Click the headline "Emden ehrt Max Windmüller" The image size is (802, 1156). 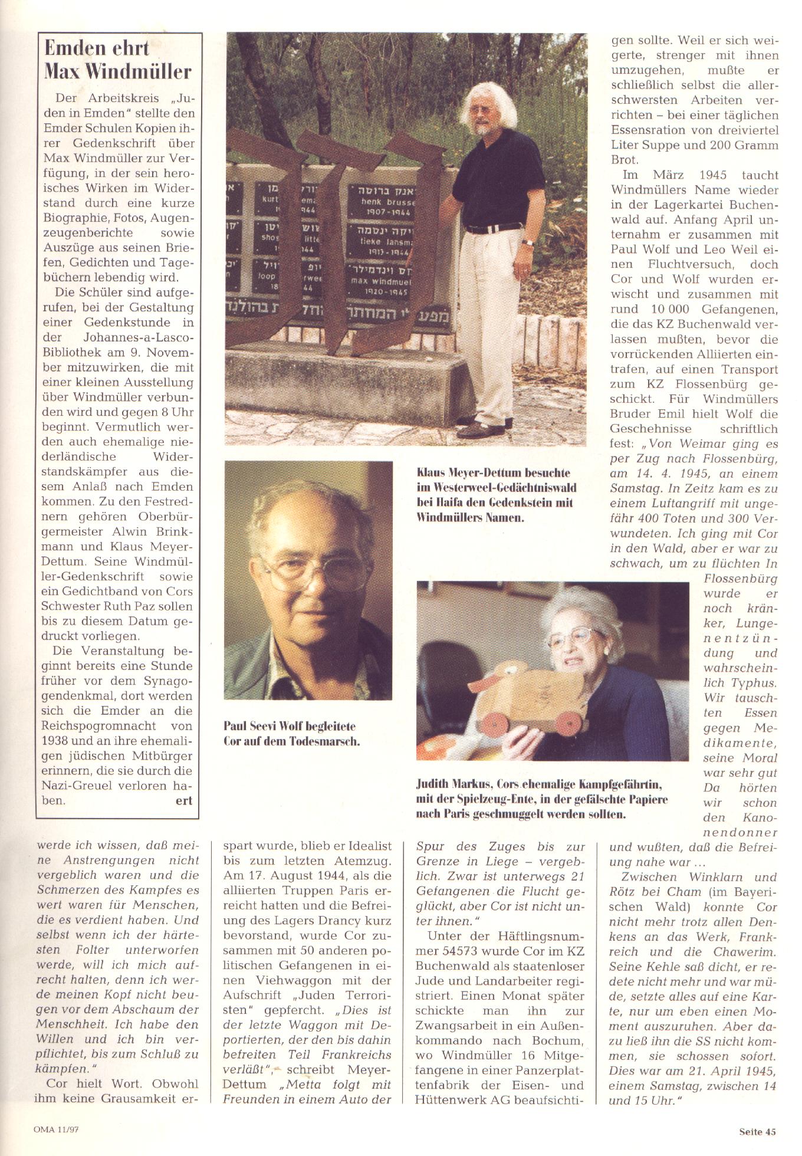[x=118, y=60]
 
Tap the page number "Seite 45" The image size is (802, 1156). [x=757, y=1131]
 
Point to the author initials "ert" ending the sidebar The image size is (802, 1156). [x=183, y=800]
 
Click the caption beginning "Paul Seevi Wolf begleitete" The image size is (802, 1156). [x=291, y=733]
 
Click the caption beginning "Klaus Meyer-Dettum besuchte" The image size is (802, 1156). [x=496, y=495]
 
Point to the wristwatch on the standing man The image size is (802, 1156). [x=528, y=241]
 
